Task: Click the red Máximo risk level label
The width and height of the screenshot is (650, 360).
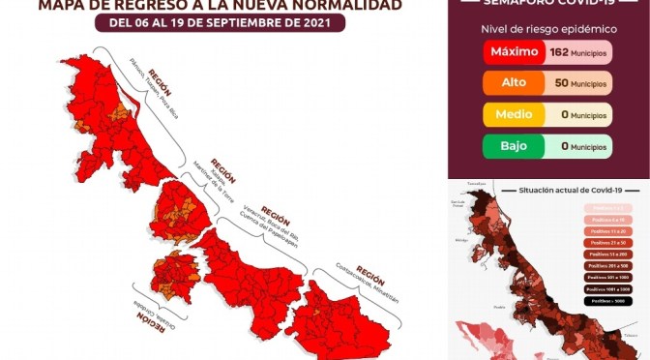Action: (514, 51)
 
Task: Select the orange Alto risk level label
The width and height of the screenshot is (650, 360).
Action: (514, 83)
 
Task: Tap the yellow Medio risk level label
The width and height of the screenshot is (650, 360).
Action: (514, 115)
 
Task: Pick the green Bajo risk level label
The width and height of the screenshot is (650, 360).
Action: (514, 147)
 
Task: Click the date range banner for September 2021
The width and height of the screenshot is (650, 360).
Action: (219, 24)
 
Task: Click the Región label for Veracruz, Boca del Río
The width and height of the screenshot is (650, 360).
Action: (275, 215)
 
